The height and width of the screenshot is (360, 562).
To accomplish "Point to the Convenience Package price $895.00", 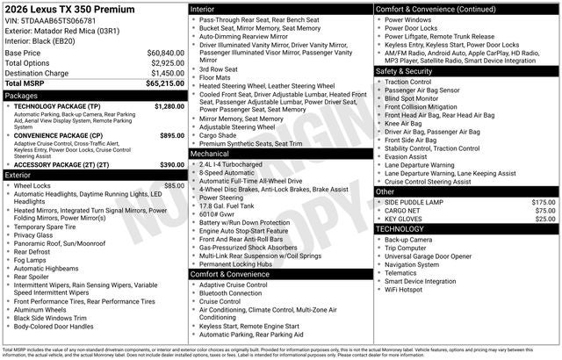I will point(172,136).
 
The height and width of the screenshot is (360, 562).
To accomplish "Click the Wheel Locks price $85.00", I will point(174,186).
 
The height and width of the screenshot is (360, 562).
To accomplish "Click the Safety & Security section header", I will point(407,71).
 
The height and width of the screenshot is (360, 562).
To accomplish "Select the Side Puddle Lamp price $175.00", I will point(544,202).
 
